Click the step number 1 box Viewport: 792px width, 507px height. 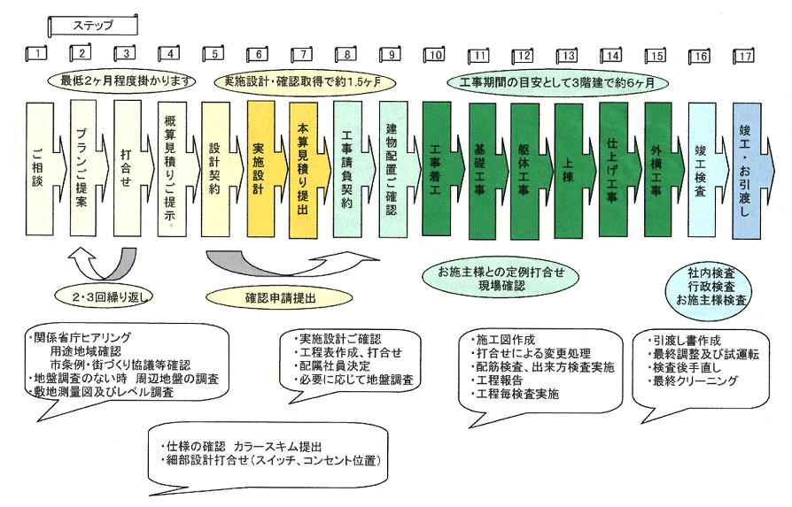coord(36,55)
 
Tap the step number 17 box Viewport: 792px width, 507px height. coord(744,55)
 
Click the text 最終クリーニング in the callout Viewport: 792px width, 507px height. coord(695,380)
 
